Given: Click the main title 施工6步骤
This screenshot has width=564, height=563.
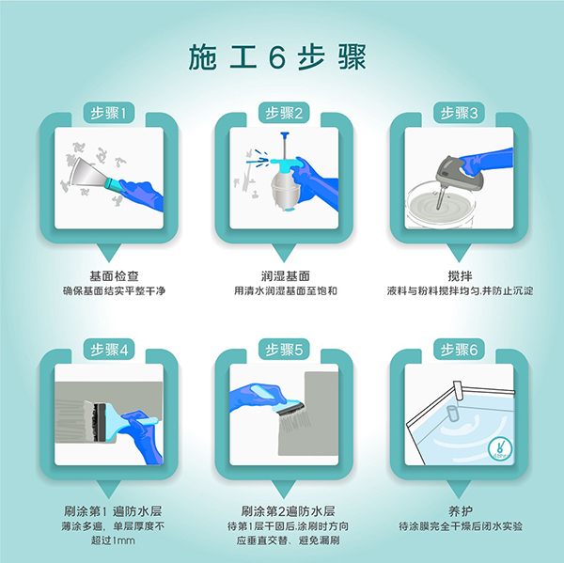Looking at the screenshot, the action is [x=277, y=56].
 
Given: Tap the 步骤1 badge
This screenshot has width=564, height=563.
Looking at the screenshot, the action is [x=109, y=113].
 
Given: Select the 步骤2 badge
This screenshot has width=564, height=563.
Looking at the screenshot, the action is [x=284, y=113].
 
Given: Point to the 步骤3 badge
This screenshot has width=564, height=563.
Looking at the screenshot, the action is [x=459, y=113].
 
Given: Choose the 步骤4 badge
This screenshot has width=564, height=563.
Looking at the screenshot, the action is [x=109, y=350].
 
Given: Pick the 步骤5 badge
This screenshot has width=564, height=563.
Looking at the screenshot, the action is [x=284, y=350].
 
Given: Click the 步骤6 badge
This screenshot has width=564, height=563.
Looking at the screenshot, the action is [x=459, y=350].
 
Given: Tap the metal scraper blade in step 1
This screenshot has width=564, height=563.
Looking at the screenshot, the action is [x=90, y=173].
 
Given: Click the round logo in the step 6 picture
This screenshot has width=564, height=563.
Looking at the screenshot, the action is [x=500, y=448].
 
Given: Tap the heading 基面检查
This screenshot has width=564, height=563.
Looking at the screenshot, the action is [x=114, y=276].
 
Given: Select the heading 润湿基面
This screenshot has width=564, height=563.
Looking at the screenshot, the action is [x=285, y=276].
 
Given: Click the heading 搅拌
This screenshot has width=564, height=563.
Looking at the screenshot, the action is [x=460, y=276].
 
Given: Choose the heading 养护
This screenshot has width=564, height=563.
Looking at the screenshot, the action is [x=461, y=511].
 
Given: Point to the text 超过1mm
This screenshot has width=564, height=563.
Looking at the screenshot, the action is [x=113, y=540].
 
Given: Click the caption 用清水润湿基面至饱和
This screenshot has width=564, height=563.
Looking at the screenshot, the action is [x=285, y=290].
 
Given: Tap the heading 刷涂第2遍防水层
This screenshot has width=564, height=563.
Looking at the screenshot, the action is [x=288, y=511].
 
